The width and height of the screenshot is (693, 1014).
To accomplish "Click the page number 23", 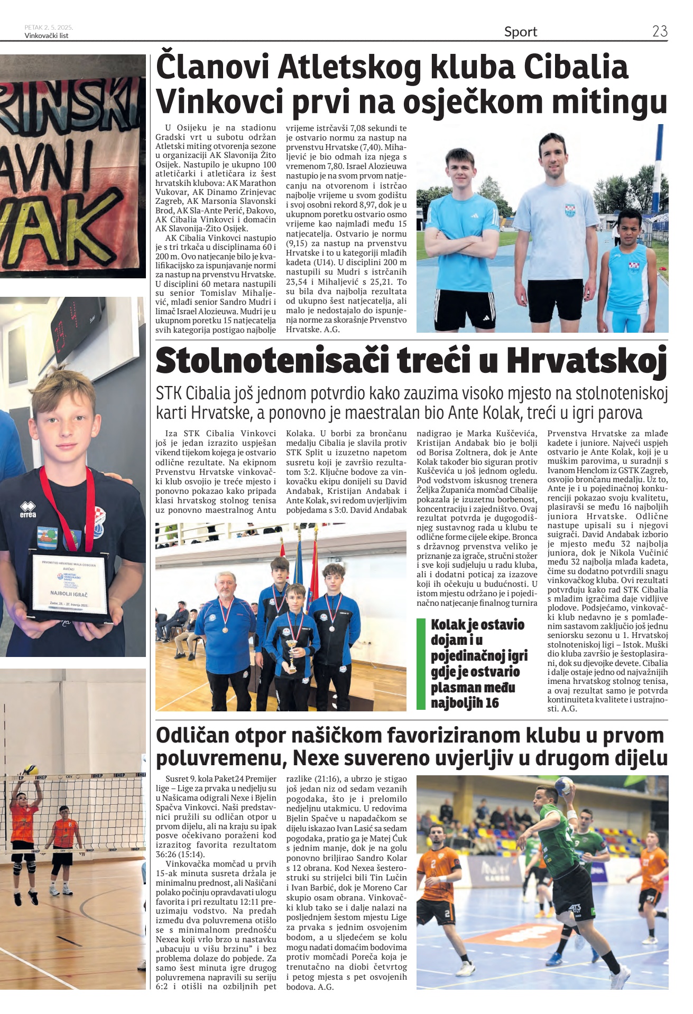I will point(660,31).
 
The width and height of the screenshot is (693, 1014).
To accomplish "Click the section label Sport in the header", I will point(520,32).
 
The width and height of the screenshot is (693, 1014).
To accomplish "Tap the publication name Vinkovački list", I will point(47,36).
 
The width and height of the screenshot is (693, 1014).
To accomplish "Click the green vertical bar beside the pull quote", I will point(421,663).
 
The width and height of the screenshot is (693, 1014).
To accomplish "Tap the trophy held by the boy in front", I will point(291,655).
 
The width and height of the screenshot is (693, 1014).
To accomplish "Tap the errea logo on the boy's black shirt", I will point(27,511).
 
